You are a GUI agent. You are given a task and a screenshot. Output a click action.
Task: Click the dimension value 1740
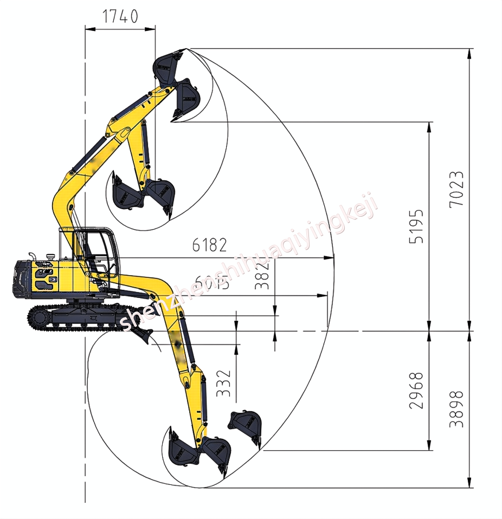[x=120, y=17]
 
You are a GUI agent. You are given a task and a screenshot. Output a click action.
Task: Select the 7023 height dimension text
[x=456, y=189]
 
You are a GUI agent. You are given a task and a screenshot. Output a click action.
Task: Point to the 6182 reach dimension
[x=209, y=245]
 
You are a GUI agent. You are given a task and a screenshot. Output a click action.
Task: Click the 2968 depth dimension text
[x=416, y=390]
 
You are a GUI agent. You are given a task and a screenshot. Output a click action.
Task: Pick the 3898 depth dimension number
[x=456, y=409]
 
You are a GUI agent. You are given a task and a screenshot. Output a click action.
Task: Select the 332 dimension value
[x=223, y=383]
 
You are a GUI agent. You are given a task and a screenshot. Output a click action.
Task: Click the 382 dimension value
[x=262, y=275]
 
